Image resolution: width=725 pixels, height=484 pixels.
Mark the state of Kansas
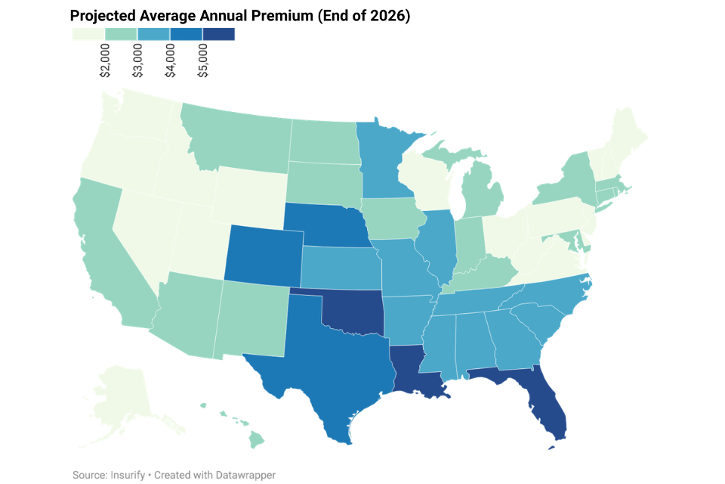click(340, 268)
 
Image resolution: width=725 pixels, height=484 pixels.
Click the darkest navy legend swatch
click(219, 34)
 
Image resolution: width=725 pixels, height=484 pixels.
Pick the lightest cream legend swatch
click(88, 34)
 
